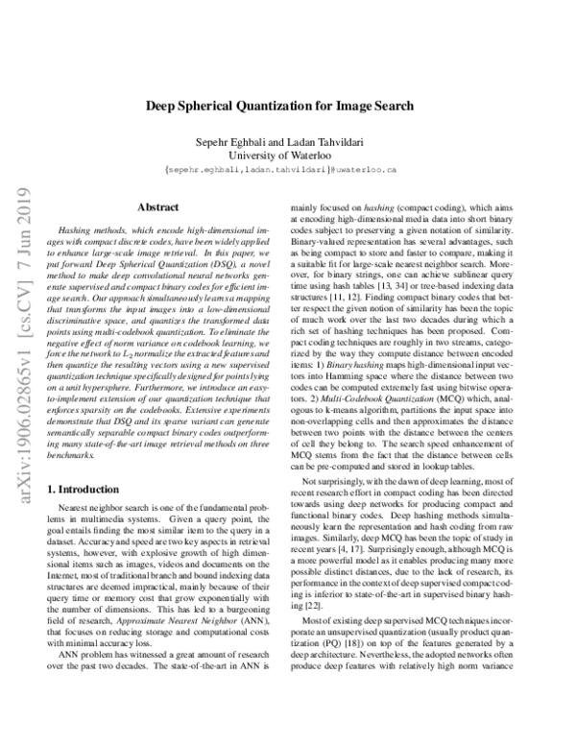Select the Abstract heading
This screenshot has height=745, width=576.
tap(159, 206)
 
